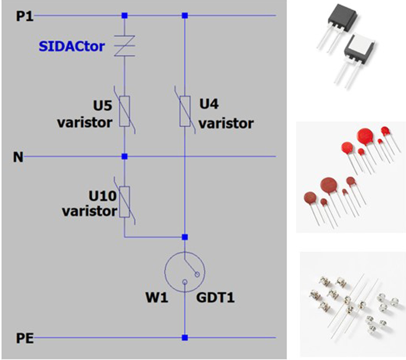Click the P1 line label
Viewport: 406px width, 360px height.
pyautogui.click(x=25, y=16)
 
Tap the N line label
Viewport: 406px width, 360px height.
pyautogui.click(x=18, y=157)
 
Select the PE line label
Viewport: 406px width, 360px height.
pyautogui.click(x=25, y=338)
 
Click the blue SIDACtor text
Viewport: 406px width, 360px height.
pyautogui.click(x=72, y=46)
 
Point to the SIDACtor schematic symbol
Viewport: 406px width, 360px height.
pyautogui.click(x=124, y=46)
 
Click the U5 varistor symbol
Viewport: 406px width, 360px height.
pyautogui.click(x=124, y=111)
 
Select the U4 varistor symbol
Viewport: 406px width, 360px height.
pyautogui.click(x=185, y=111)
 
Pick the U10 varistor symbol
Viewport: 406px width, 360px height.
pyautogui.click(x=124, y=201)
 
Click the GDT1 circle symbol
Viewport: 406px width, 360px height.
pyautogui.click(x=185, y=272)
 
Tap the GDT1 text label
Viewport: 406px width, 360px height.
pyautogui.click(x=215, y=298)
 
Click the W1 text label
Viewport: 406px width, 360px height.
pyautogui.click(x=157, y=298)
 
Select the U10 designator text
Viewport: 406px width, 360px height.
pyautogui.click(x=103, y=196)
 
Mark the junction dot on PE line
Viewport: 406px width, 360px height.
pyautogui.click(x=185, y=338)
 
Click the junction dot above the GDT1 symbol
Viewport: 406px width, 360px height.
pyautogui.click(x=185, y=237)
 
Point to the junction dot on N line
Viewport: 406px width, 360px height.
pyautogui.click(x=124, y=156)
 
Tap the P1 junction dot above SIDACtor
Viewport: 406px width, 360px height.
pyautogui.click(x=124, y=16)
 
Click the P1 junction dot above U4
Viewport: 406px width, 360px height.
pyautogui.click(x=185, y=16)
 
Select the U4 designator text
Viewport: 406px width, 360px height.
pyautogui.click(x=209, y=104)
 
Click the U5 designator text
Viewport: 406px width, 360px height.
pyautogui.click(x=103, y=106)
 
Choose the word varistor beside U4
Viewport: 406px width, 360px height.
pyautogui.click(x=226, y=123)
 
